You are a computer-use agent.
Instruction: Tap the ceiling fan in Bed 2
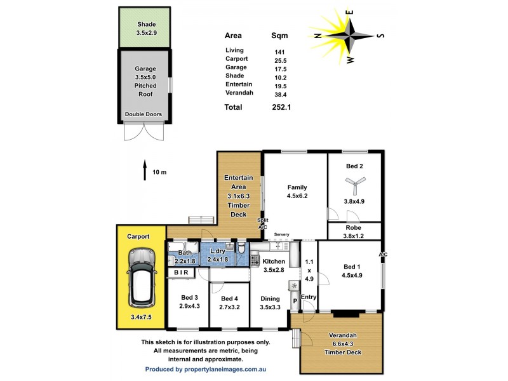[x=354, y=185]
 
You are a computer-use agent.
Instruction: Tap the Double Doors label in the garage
[x=144, y=114]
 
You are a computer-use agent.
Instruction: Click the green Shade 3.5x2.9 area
[x=144, y=27]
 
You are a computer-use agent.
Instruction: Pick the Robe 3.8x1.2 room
[x=354, y=231]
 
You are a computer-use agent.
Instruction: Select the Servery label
[x=281, y=235]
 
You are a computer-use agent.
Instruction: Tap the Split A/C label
[x=262, y=224]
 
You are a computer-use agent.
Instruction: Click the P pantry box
[x=295, y=301]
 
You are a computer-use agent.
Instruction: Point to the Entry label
[x=309, y=297]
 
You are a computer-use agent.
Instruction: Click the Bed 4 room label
[x=229, y=298]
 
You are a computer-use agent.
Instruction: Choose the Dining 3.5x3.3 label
[x=271, y=302]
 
